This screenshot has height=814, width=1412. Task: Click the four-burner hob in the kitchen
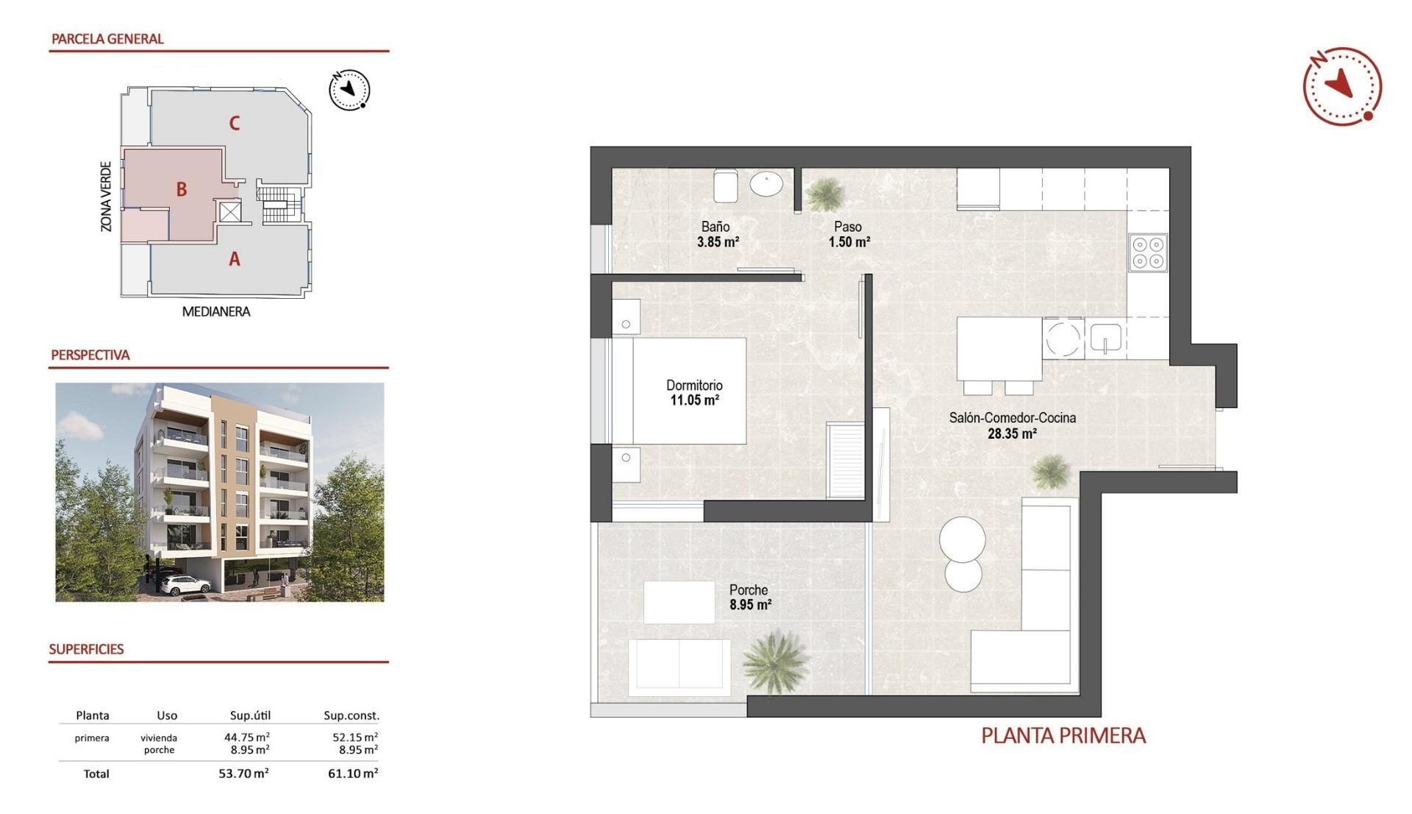[x=1148, y=252]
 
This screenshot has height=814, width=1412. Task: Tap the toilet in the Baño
[x=725, y=185]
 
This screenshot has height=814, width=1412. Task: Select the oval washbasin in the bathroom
[x=766, y=183]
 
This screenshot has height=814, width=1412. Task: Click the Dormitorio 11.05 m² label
[x=694, y=393]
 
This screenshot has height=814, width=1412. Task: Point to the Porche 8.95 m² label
[x=749, y=598]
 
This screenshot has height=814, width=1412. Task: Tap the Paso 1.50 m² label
[x=849, y=234]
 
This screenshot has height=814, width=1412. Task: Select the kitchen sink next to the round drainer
[x=1105, y=338]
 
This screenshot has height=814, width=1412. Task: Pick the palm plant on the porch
[x=774, y=660]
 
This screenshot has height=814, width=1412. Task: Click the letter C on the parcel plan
[x=234, y=123]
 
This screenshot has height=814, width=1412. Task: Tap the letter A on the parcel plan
[x=234, y=259]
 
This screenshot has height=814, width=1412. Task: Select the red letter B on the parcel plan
[x=181, y=189]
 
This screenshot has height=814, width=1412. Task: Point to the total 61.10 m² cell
[x=353, y=774]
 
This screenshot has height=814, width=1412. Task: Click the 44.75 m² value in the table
[x=246, y=737]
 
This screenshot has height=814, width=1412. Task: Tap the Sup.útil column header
[x=250, y=715]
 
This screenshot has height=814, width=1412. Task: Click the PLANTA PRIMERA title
[x=1063, y=735]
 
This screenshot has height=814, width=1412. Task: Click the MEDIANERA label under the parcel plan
[x=216, y=312]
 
